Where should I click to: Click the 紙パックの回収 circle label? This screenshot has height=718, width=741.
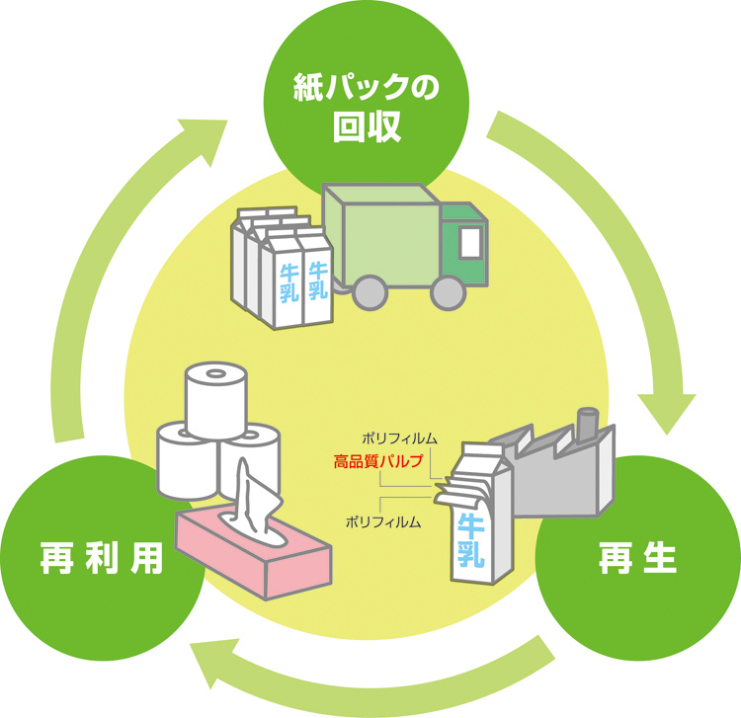[x=367, y=108]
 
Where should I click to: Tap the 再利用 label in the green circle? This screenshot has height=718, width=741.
[x=102, y=558]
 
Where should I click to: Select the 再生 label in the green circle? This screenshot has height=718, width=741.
[x=637, y=558]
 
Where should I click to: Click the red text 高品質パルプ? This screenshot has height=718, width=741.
[x=377, y=461]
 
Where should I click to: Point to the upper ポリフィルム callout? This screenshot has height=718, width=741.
[x=399, y=439]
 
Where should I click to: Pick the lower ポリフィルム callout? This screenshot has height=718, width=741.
[x=383, y=522]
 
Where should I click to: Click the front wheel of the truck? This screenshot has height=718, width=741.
[x=448, y=292]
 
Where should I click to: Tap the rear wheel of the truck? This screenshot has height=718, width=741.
[x=370, y=292]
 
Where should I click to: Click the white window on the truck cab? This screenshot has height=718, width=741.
[x=470, y=242]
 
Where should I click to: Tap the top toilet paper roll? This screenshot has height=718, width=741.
[x=216, y=401]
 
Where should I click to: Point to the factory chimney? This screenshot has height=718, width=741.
[x=589, y=424]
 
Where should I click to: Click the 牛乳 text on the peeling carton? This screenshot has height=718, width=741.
[x=470, y=540]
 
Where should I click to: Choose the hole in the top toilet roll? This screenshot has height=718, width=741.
[x=216, y=374]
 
